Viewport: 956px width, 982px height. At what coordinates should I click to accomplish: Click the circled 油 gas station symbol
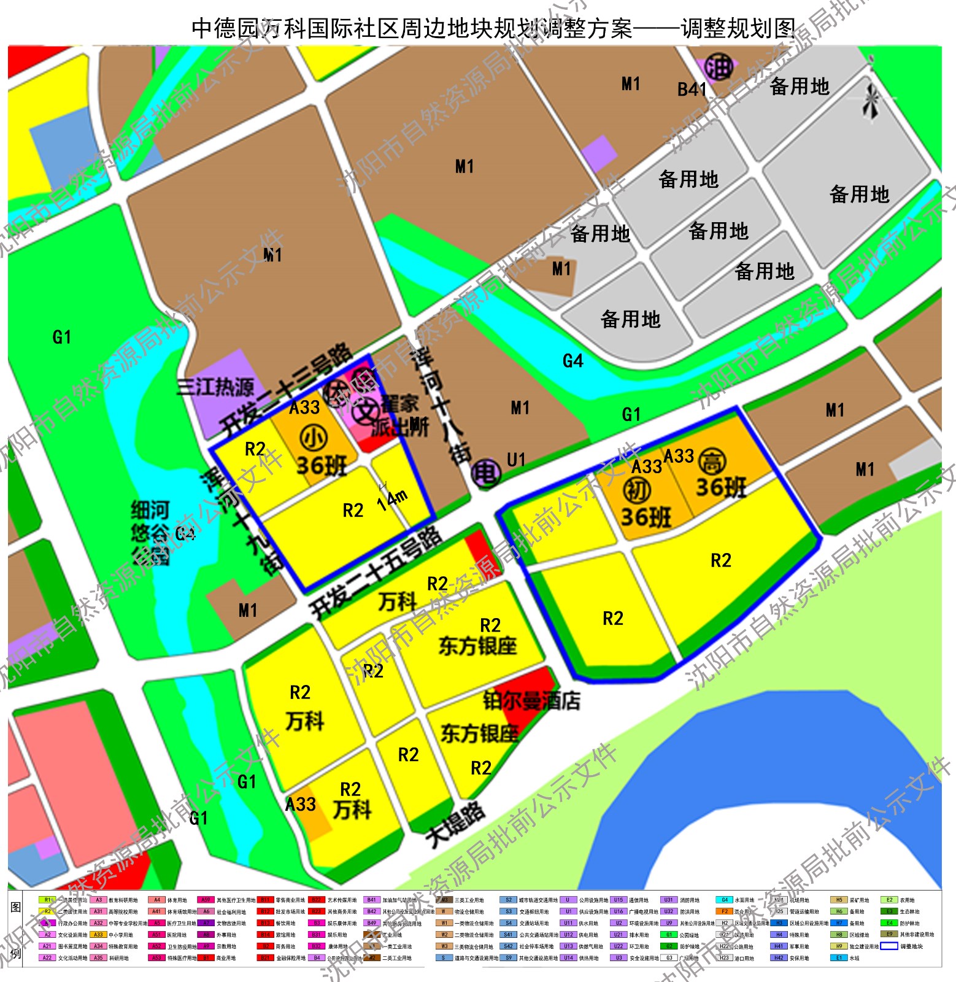pos(719,66)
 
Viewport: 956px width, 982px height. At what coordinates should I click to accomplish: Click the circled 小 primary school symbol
pos(314,438)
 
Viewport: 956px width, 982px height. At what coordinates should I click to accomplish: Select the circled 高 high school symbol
pos(712,462)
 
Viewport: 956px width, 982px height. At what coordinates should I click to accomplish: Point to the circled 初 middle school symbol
pos(637,490)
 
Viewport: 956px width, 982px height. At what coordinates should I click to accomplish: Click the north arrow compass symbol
pos(870,102)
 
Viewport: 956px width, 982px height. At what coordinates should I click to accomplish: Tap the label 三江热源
pos(215,387)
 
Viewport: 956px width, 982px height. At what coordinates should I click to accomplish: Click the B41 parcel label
pos(692,90)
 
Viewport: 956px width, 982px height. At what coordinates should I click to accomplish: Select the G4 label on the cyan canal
pos(572,361)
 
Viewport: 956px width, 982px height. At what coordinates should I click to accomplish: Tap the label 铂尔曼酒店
pos(531,701)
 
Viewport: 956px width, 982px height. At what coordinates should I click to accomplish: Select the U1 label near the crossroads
pos(516,460)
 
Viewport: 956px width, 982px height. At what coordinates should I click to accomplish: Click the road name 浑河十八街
pos(441,406)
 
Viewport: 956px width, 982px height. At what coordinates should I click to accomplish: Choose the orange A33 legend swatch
pos(98,935)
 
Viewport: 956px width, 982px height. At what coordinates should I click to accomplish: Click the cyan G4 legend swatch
pos(724,900)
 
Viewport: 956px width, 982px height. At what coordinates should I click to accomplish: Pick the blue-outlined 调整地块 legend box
pos(889,946)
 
